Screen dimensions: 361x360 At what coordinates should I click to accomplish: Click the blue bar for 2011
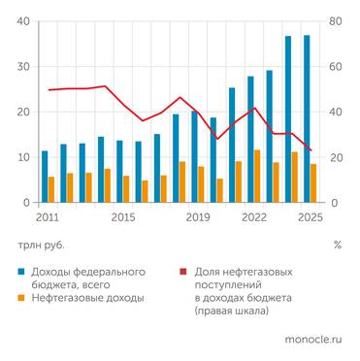45,177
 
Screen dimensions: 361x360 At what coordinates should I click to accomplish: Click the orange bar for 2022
257,177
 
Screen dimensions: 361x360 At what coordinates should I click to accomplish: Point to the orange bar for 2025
313,183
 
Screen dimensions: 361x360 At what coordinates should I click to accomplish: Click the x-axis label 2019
198,217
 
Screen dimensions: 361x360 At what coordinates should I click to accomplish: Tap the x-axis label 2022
254,217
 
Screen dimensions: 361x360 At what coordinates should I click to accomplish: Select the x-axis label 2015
123,217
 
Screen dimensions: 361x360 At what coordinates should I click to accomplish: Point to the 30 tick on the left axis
20,67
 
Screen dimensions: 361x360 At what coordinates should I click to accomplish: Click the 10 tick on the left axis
20,157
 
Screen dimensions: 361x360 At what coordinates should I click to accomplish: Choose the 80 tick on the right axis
336,21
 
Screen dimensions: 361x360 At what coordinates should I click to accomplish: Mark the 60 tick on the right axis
336,67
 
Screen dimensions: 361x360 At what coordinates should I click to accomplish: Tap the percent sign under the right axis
337,245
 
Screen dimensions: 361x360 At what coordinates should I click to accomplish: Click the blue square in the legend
20,269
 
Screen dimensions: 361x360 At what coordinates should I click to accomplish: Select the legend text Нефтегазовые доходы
88,298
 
